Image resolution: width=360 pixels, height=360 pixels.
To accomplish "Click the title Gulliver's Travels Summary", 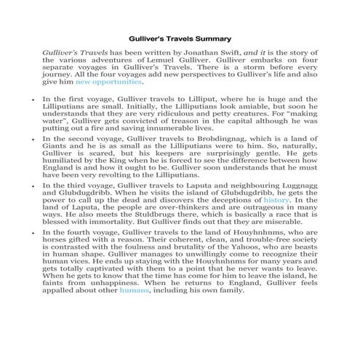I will [x=180, y=37].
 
